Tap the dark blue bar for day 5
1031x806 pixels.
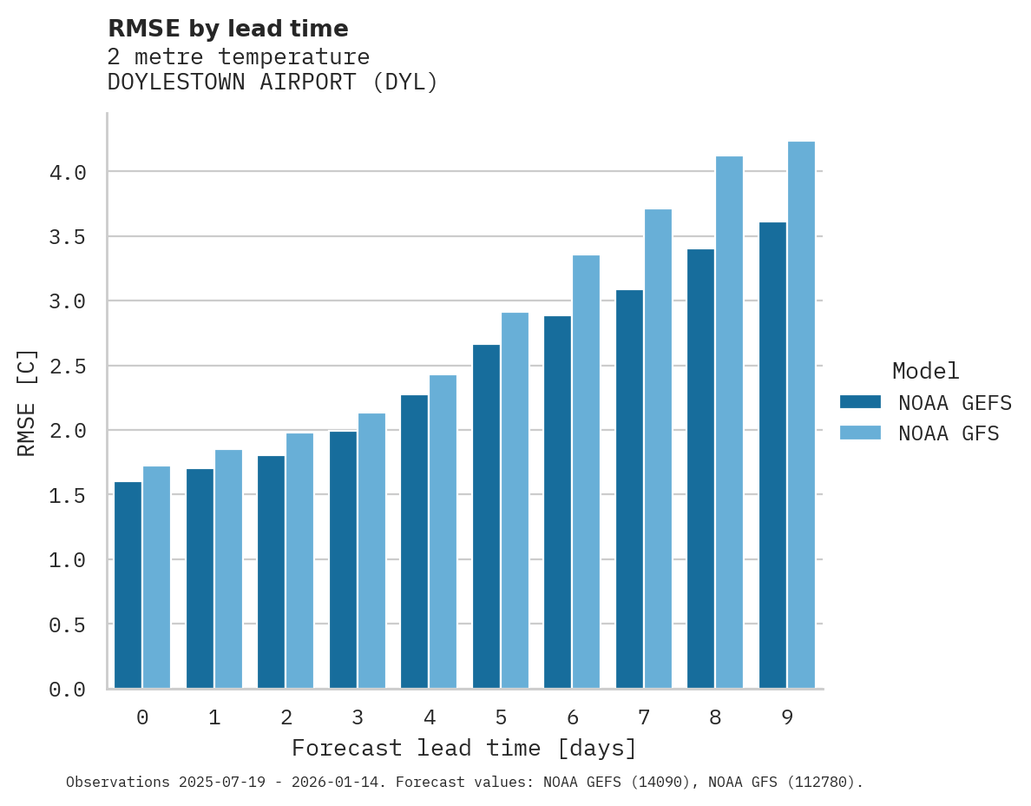(486, 516)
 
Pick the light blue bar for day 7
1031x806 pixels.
(658, 448)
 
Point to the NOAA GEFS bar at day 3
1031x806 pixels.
(343, 559)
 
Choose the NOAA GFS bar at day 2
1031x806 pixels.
(299, 560)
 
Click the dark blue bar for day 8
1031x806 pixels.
(700, 468)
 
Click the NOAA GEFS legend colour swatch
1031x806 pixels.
(860, 402)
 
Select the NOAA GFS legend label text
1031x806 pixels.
(949, 433)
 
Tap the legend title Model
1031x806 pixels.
(925, 371)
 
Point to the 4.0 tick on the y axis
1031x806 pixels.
(68, 173)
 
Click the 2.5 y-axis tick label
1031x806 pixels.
(68, 367)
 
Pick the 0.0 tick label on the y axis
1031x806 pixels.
(68, 690)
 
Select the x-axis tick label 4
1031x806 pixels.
(429, 717)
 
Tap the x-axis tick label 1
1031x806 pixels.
(214, 717)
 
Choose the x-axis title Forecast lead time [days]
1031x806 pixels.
(464, 748)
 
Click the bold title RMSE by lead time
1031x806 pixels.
(227, 29)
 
